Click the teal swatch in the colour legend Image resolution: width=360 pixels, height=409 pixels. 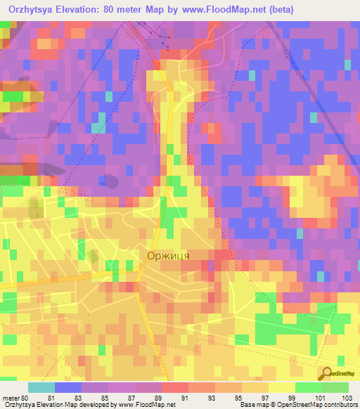pos(41,387)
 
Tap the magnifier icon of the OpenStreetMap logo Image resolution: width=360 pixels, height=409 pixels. pos(328,373)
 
